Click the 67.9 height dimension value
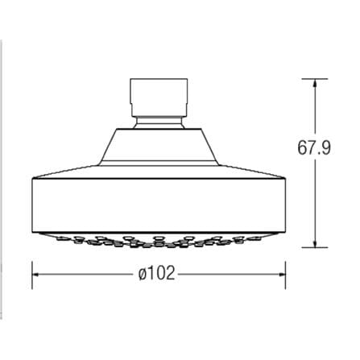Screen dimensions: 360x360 point(314,147)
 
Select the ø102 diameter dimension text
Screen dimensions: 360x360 point(157,274)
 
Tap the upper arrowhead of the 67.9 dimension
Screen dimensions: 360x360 point(315,82)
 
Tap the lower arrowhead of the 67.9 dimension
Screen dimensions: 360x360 point(315,243)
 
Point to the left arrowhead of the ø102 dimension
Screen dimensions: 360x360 point(36,275)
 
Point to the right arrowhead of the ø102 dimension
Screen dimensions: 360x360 point(282,275)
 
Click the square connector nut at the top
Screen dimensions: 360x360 point(159,97)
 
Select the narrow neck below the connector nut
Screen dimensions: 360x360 point(159,123)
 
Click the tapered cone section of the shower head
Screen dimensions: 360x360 point(159,147)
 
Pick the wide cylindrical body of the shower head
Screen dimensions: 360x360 point(159,205)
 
